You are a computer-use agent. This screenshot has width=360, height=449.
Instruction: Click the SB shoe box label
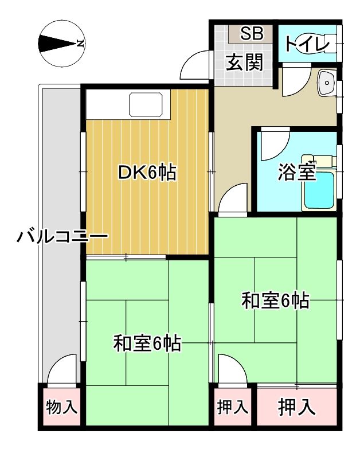coord(252,33)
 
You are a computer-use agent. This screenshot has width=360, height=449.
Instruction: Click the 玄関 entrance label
coord(244,63)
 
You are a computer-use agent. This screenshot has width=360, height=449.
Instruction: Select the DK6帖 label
coord(147,173)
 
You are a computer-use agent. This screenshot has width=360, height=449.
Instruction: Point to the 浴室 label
coord(298,173)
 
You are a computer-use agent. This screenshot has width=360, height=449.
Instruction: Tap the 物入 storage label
coord(62,407)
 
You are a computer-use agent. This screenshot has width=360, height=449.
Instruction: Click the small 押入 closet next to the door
coord(233,407)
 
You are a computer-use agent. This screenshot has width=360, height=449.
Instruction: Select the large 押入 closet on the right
coord(297,407)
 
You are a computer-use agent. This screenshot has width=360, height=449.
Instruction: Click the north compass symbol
coord(61,44)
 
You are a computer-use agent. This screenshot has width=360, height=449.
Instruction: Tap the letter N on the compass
coord(80,44)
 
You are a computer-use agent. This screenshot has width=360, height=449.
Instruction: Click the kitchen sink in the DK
coord(146,104)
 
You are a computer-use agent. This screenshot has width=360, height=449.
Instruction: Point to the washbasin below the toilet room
coord(327,83)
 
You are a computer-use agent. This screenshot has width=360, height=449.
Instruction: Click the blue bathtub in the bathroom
coord(319,191)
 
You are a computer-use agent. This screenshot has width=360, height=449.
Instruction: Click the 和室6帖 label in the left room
coord(147,343)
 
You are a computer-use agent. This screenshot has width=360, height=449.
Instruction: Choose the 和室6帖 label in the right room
coord(275,300)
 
